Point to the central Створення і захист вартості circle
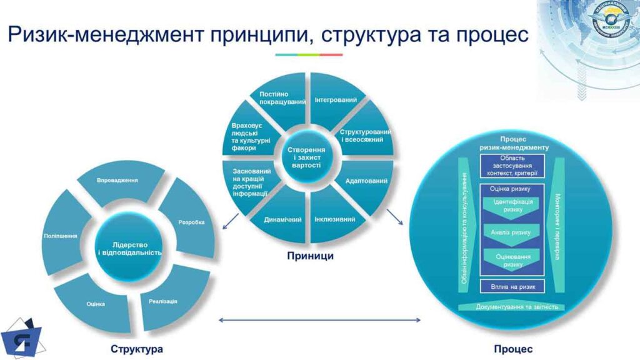(x=307, y=156)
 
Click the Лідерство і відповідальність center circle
(x=130, y=248)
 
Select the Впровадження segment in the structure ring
(x=118, y=181)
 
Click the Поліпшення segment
(x=61, y=236)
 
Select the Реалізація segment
(x=164, y=301)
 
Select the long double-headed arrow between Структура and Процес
(x=318, y=321)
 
